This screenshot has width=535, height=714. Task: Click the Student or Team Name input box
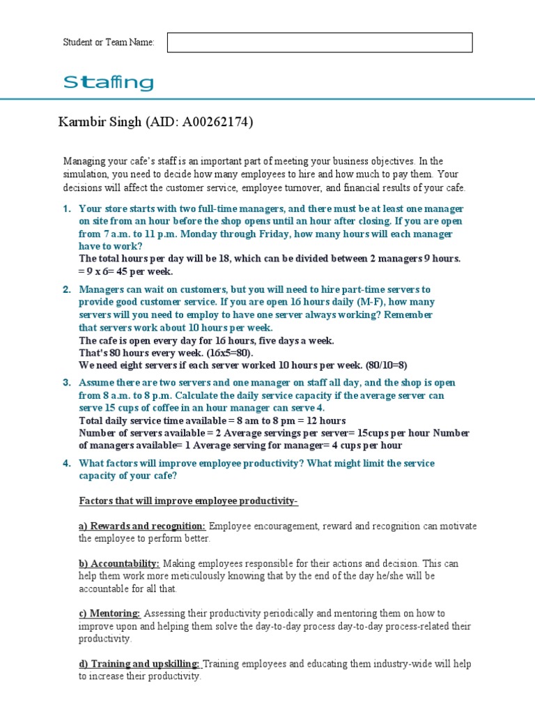[320, 43]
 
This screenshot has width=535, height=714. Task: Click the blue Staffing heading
[108, 84]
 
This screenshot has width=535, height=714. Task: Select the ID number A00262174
[217, 123]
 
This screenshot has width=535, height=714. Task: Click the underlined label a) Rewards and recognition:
[142, 526]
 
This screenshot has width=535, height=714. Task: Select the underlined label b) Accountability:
[119, 563]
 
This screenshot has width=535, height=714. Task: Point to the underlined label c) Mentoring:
[109, 614]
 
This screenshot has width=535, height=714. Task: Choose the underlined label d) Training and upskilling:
[139, 664]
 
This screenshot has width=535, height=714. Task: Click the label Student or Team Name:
[109, 43]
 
